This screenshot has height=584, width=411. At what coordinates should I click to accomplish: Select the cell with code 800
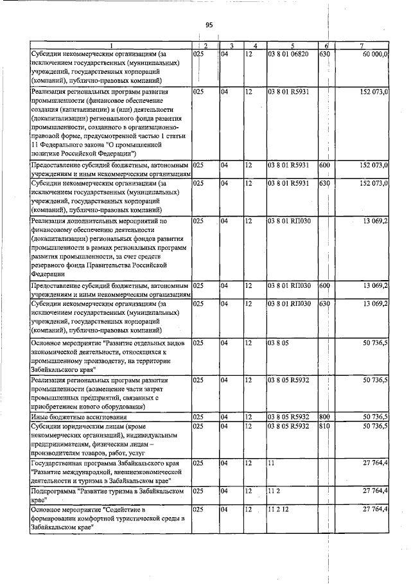tap(324, 417)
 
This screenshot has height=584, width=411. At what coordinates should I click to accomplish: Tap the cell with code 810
tap(324, 425)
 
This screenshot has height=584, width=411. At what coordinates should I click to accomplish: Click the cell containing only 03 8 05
tap(278, 344)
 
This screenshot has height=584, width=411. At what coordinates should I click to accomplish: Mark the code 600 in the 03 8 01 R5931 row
tap(324, 165)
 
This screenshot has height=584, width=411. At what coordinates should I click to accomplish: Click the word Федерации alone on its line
tap(48, 272)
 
